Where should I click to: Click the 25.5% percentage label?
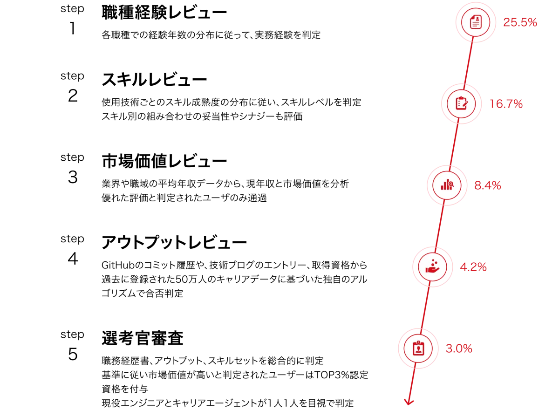[520, 22]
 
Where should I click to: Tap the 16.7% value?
[506, 104]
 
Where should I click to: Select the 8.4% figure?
[487, 185]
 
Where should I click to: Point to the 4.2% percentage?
[473, 267]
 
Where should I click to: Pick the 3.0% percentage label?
[459, 348]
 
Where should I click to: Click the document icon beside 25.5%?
[476, 22]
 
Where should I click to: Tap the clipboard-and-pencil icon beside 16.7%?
[462, 103]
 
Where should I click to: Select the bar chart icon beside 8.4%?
[447, 184]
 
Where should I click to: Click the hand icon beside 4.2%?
[432, 266]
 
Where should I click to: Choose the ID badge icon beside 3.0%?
[418, 348]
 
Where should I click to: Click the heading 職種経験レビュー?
[164, 13]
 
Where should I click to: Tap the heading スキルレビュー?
[154, 80]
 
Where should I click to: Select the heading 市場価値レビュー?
[164, 161]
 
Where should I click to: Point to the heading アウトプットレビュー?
[174, 243]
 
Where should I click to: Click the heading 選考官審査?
[143, 338]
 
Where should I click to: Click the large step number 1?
[72, 28]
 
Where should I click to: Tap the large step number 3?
[73, 177]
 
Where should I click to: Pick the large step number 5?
[73, 354]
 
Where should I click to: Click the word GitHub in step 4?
[118, 265]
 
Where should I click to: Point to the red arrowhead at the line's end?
[409, 402]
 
